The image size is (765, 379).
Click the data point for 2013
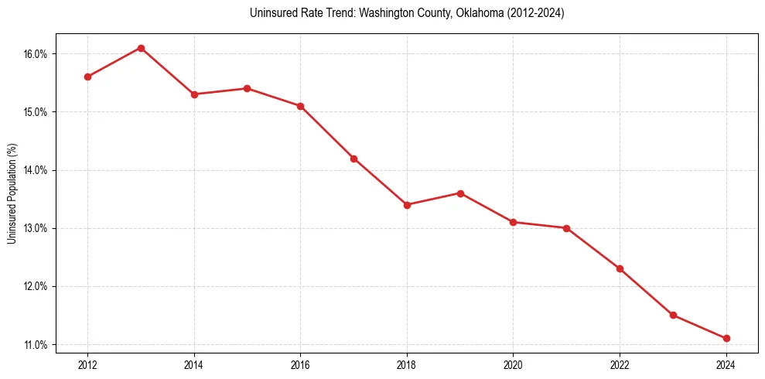(141, 48)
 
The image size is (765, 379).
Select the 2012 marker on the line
(87, 77)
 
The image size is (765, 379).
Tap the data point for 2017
(353, 159)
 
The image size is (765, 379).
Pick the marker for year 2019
(460, 193)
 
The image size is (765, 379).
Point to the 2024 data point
(726, 338)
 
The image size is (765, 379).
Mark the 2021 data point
(566, 228)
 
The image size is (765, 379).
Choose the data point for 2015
(247, 88)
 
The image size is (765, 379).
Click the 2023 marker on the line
(673, 315)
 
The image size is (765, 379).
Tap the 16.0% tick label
(35, 54)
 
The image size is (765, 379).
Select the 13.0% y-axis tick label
(35, 228)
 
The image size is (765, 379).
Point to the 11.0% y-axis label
(35, 344)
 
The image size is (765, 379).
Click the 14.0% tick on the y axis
(35, 170)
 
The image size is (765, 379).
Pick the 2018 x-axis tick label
(407, 364)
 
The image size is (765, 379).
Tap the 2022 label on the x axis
(620, 364)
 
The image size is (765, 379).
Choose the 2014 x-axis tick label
(194, 364)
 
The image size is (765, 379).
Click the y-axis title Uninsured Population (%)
(12, 193)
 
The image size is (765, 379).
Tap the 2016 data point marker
(300, 106)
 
